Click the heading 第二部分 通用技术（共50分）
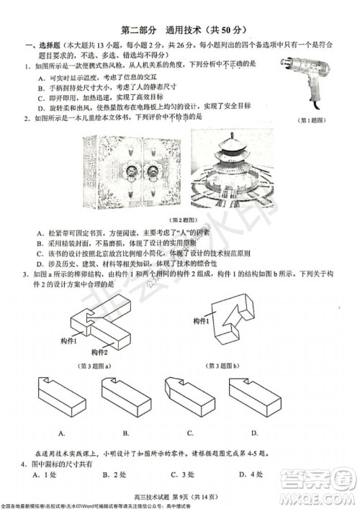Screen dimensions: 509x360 179,31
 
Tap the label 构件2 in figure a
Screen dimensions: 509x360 99,351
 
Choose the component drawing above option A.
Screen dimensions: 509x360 63,400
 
